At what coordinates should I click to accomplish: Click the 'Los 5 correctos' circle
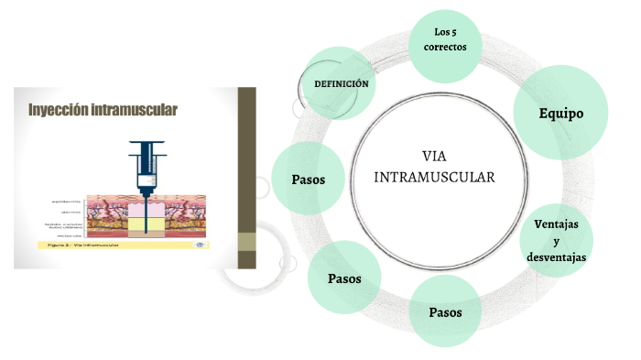click(x=445, y=41)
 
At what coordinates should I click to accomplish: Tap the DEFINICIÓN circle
click(x=341, y=84)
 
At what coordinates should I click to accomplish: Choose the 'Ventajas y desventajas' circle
click(x=560, y=241)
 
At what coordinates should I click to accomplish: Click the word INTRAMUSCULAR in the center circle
click(x=435, y=176)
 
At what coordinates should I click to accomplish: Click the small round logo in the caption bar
click(x=201, y=245)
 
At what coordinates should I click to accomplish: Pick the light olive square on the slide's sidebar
click(x=246, y=242)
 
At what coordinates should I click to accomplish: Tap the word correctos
click(x=445, y=47)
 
